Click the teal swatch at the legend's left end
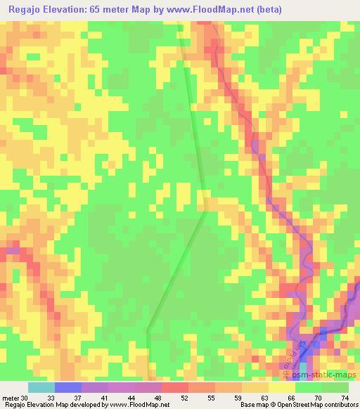tap(41, 387)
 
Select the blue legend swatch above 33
tap(67, 387)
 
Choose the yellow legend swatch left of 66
tap(281, 387)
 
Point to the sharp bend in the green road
tap(205, 209)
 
